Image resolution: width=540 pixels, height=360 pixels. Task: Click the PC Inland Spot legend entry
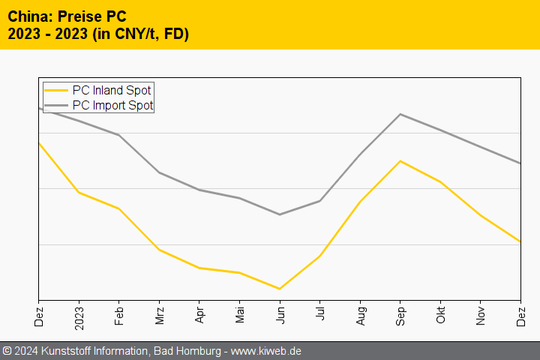(111, 91)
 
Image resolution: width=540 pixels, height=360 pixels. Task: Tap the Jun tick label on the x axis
(280, 313)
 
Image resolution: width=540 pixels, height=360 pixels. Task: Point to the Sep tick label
(400, 313)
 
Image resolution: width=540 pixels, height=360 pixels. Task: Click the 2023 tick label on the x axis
(79, 316)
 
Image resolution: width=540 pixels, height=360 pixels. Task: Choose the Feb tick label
(118, 313)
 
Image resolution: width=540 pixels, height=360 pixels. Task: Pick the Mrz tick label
(159, 313)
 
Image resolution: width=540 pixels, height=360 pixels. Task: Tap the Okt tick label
(441, 313)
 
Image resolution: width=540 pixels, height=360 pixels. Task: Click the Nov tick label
(481, 313)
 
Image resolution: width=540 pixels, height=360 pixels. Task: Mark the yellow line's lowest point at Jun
(280, 289)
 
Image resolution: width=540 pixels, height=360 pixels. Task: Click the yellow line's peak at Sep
(400, 160)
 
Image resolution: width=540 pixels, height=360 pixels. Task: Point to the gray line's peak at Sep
(400, 114)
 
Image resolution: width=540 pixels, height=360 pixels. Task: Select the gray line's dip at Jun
(280, 214)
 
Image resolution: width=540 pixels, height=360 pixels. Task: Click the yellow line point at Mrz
(159, 250)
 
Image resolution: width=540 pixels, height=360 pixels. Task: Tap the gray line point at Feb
(118, 135)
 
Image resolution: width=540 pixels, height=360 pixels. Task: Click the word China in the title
(27, 16)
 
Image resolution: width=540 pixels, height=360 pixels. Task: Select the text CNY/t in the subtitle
(136, 34)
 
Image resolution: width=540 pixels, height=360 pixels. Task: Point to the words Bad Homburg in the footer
(190, 351)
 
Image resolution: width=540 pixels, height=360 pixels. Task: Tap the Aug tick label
(360, 313)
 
